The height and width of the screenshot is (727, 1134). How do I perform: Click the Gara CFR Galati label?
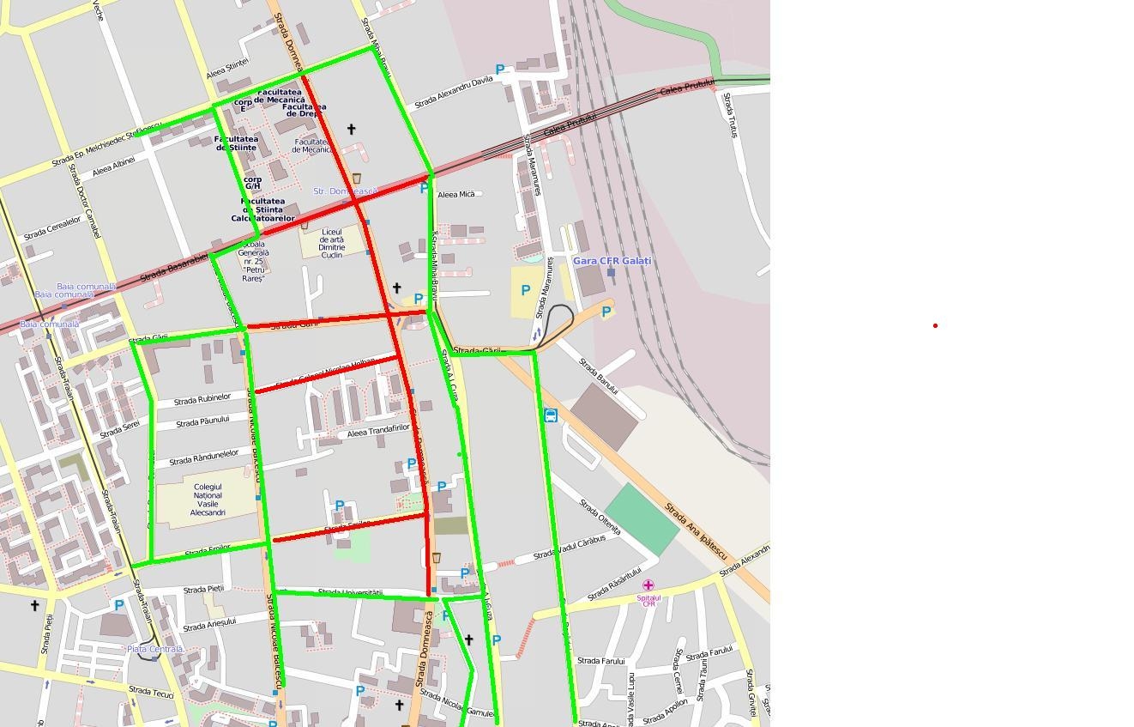[x=612, y=261]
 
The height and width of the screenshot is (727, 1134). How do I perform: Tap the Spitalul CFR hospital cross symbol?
[x=648, y=585]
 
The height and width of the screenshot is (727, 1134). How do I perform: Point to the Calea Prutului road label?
[x=687, y=87]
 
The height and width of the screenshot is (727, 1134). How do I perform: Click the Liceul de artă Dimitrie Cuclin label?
[x=331, y=243]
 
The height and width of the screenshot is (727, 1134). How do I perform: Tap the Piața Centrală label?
[x=154, y=649]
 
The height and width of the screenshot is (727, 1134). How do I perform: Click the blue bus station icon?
[x=551, y=415]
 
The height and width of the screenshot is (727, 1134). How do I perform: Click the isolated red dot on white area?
[x=935, y=325]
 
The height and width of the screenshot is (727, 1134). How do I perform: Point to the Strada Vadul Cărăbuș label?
[x=570, y=548]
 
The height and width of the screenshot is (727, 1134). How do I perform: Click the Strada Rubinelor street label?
[x=202, y=399]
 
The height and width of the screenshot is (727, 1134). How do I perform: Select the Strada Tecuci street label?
[x=151, y=692]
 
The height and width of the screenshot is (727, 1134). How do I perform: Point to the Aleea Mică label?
[x=455, y=195]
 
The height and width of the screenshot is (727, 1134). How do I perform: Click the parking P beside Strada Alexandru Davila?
[x=500, y=70]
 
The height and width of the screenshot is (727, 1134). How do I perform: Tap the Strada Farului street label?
[x=600, y=661]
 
